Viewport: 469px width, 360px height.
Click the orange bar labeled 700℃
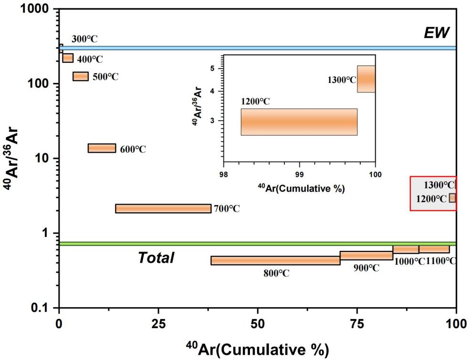[x=163, y=208]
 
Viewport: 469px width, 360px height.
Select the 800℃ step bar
[x=275, y=260]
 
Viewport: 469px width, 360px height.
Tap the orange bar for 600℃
[x=102, y=148]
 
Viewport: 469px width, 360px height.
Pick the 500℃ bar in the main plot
[x=81, y=76]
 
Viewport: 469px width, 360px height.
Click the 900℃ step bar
[x=366, y=256]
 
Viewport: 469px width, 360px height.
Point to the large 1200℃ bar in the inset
[x=299, y=122]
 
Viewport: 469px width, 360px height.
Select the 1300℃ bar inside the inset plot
[x=366, y=79]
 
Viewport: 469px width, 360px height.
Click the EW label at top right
[x=437, y=32]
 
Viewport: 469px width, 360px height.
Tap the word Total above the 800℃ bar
[x=156, y=258]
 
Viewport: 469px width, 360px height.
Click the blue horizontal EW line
[x=258, y=48]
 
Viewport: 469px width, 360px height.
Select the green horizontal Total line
[x=258, y=244]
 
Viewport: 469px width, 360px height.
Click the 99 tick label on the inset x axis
[x=299, y=175]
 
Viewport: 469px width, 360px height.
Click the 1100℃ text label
[x=440, y=261]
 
